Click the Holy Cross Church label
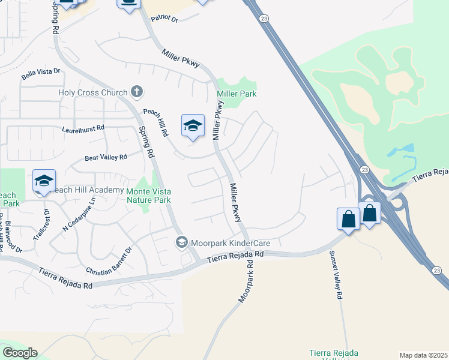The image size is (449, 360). (x=92, y=92)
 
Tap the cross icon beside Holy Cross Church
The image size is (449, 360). (x=137, y=92)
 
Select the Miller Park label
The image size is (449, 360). (x=237, y=94)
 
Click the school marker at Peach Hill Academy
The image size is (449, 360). (x=44, y=181)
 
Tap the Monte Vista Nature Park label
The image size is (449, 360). (x=149, y=196)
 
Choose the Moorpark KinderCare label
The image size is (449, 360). (x=230, y=243)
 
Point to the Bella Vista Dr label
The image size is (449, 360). (x=41, y=73)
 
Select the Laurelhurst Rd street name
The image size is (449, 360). (x=83, y=128)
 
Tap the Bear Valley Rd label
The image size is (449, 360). (x=106, y=157)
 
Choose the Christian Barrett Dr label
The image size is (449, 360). (x=109, y=262)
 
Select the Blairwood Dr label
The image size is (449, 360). (x=13, y=238)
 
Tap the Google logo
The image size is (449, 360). (x=20, y=353)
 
